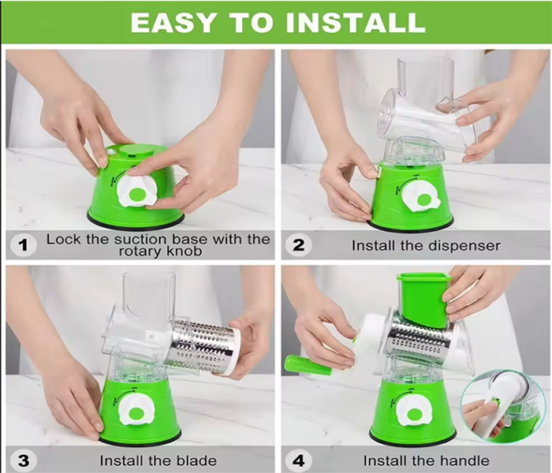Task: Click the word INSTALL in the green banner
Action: [x=356, y=23]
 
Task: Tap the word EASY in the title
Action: [x=173, y=23]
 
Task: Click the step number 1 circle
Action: [x=23, y=245]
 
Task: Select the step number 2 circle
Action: [x=298, y=244]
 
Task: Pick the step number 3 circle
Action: [x=23, y=460]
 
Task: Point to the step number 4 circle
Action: [x=298, y=460]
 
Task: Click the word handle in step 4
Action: [x=464, y=460]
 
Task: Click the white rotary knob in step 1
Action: [x=136, y=191]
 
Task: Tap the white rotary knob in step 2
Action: [x=421, y=196]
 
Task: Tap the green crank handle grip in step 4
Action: [x=308, y=365]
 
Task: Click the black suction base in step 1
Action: [x=136, y=222]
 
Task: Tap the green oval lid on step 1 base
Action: [x=136, y=151]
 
